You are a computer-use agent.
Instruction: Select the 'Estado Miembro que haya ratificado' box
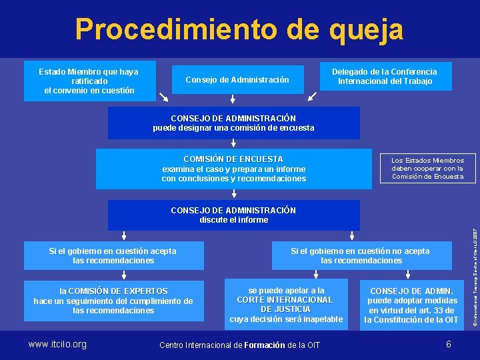[x=89, y=81]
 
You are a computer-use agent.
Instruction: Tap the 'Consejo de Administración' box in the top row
[x=237, y=80]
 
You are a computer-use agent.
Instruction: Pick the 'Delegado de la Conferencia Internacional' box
[x=385, y=77]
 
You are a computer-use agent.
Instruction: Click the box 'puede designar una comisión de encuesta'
[x=233, y=123]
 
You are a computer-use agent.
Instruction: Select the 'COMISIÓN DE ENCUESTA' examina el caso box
[x=233, y=169]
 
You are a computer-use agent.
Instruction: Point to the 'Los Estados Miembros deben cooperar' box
[x=427, y=169]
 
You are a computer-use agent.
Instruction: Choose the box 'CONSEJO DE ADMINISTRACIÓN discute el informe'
[x=233, y=215]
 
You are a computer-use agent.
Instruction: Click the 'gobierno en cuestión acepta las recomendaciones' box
[x=113, y=255]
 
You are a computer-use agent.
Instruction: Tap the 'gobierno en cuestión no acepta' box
[x=361, y=255]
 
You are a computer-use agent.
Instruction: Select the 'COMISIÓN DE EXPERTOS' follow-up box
[x=113, y=301]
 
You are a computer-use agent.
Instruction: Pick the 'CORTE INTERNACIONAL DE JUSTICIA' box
[x=286, y=304]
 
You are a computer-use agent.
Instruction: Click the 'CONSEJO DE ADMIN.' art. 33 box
[x=411, y=305]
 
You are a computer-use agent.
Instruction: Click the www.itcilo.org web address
[x=57, y=344]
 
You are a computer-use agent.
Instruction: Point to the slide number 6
[x=449, y=344]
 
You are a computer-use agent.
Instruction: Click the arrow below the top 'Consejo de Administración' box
[x=233, y=99]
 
